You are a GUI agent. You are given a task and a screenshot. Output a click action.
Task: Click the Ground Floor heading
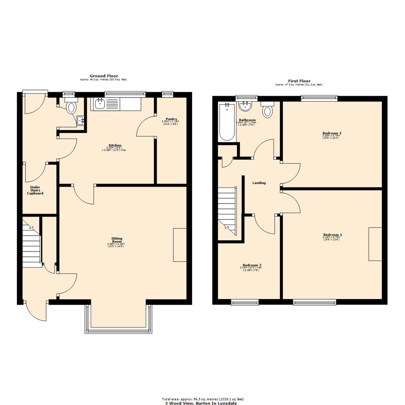[x=103, y=76]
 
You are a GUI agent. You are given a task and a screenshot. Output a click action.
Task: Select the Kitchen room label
[x=115, y=145]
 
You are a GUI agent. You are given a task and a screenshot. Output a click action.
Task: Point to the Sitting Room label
[x=117, y=240]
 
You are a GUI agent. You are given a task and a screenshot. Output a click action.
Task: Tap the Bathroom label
[x=247, y=120]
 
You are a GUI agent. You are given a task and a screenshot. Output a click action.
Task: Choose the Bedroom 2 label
[x=332, y=133]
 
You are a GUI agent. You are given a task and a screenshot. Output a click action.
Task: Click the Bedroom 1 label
[x=332, y=235]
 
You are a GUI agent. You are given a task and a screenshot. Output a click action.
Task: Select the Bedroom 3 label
[x=252, y=265]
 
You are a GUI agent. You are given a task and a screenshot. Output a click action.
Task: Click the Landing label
[x=259, y=183]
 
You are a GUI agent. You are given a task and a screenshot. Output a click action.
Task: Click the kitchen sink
[x=100, y=103]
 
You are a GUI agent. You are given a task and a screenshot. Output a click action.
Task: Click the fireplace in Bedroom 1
[x=375, y=244]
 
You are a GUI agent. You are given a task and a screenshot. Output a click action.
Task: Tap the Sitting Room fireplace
[x=180, y=244]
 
